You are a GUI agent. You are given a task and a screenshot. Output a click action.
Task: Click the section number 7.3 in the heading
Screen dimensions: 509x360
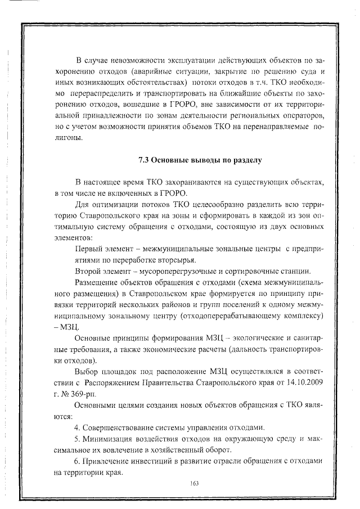[x=144, y=161]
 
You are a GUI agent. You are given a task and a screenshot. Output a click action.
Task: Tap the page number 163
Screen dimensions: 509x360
[x=195, y=483]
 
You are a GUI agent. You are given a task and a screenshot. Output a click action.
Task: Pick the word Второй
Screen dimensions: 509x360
[x=89, y=271]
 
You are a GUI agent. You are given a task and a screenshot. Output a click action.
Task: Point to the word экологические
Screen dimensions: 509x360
[x=256, y=339]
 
